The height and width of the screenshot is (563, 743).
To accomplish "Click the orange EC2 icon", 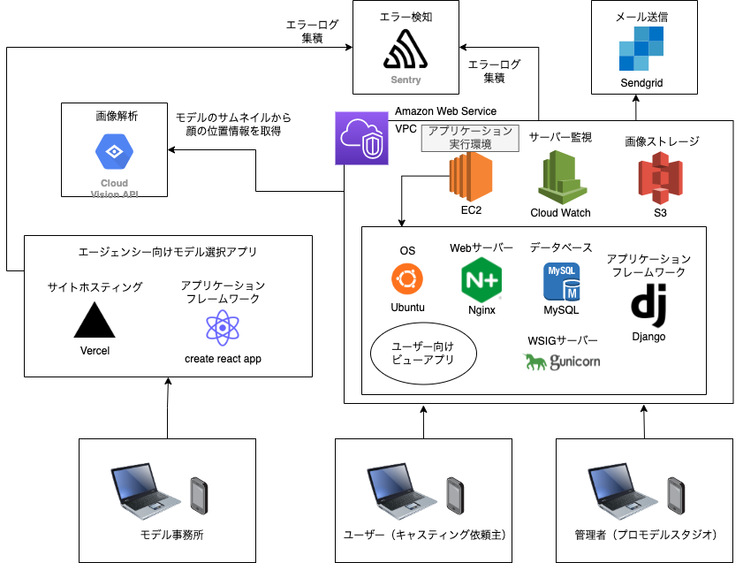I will point(470,177).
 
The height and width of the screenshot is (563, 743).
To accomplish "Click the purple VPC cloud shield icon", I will point(362,138).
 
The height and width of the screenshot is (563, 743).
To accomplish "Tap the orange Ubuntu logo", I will point(407,279).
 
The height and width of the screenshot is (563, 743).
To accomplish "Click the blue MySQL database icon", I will point(561,281).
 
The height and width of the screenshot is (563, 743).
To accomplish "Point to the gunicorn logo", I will point(562,361).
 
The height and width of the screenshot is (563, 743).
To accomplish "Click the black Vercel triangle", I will point(95,320).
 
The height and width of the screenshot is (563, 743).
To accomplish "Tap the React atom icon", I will point(223,327).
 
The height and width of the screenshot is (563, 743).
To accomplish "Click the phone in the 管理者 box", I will point(676,498).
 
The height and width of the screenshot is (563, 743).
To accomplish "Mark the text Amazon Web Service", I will point(445,111).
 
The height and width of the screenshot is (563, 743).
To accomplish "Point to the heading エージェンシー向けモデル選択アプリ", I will point(168,253).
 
